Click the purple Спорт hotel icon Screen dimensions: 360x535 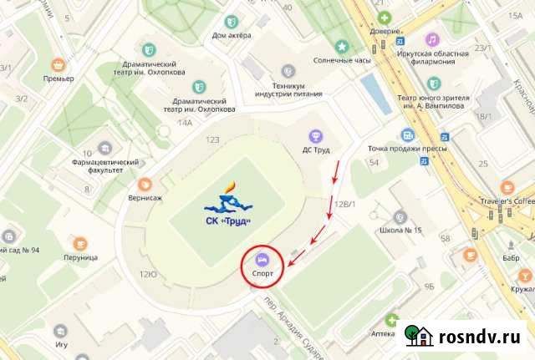(261, 258)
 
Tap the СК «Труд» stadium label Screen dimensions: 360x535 (228, 221)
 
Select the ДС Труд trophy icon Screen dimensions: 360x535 (315, 135)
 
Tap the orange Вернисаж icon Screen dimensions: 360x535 (145, 184)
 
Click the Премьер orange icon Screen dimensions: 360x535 (59, 63)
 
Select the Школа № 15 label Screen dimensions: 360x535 (400, 230)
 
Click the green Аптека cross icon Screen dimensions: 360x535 (392, 319)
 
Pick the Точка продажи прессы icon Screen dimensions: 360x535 (407, 134)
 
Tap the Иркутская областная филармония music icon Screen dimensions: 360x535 (432, 39)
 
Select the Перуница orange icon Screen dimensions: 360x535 (80, 243)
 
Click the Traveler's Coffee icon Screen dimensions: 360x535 (506, 186)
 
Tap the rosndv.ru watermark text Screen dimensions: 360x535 (481, 336)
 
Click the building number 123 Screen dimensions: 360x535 (212, 140)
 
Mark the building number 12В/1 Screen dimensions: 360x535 (345, 204)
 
